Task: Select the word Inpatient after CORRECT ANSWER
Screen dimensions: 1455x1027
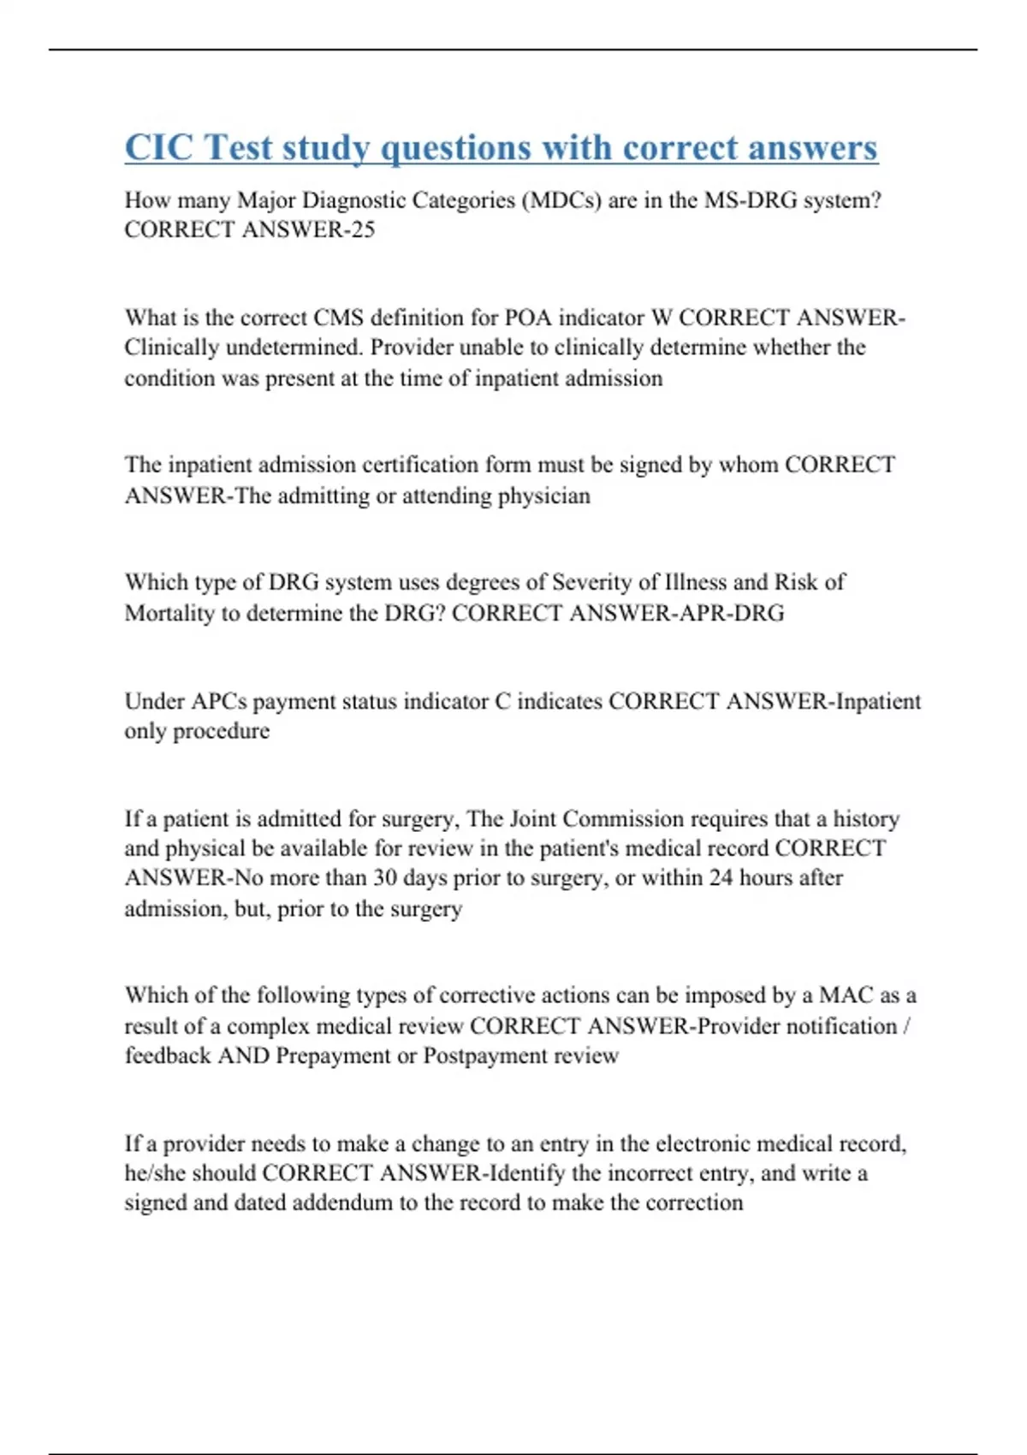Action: (x=878, y=701)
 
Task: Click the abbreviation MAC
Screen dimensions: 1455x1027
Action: (x=846, y=995)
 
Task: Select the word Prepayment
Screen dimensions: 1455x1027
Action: (x=333, y=1056)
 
